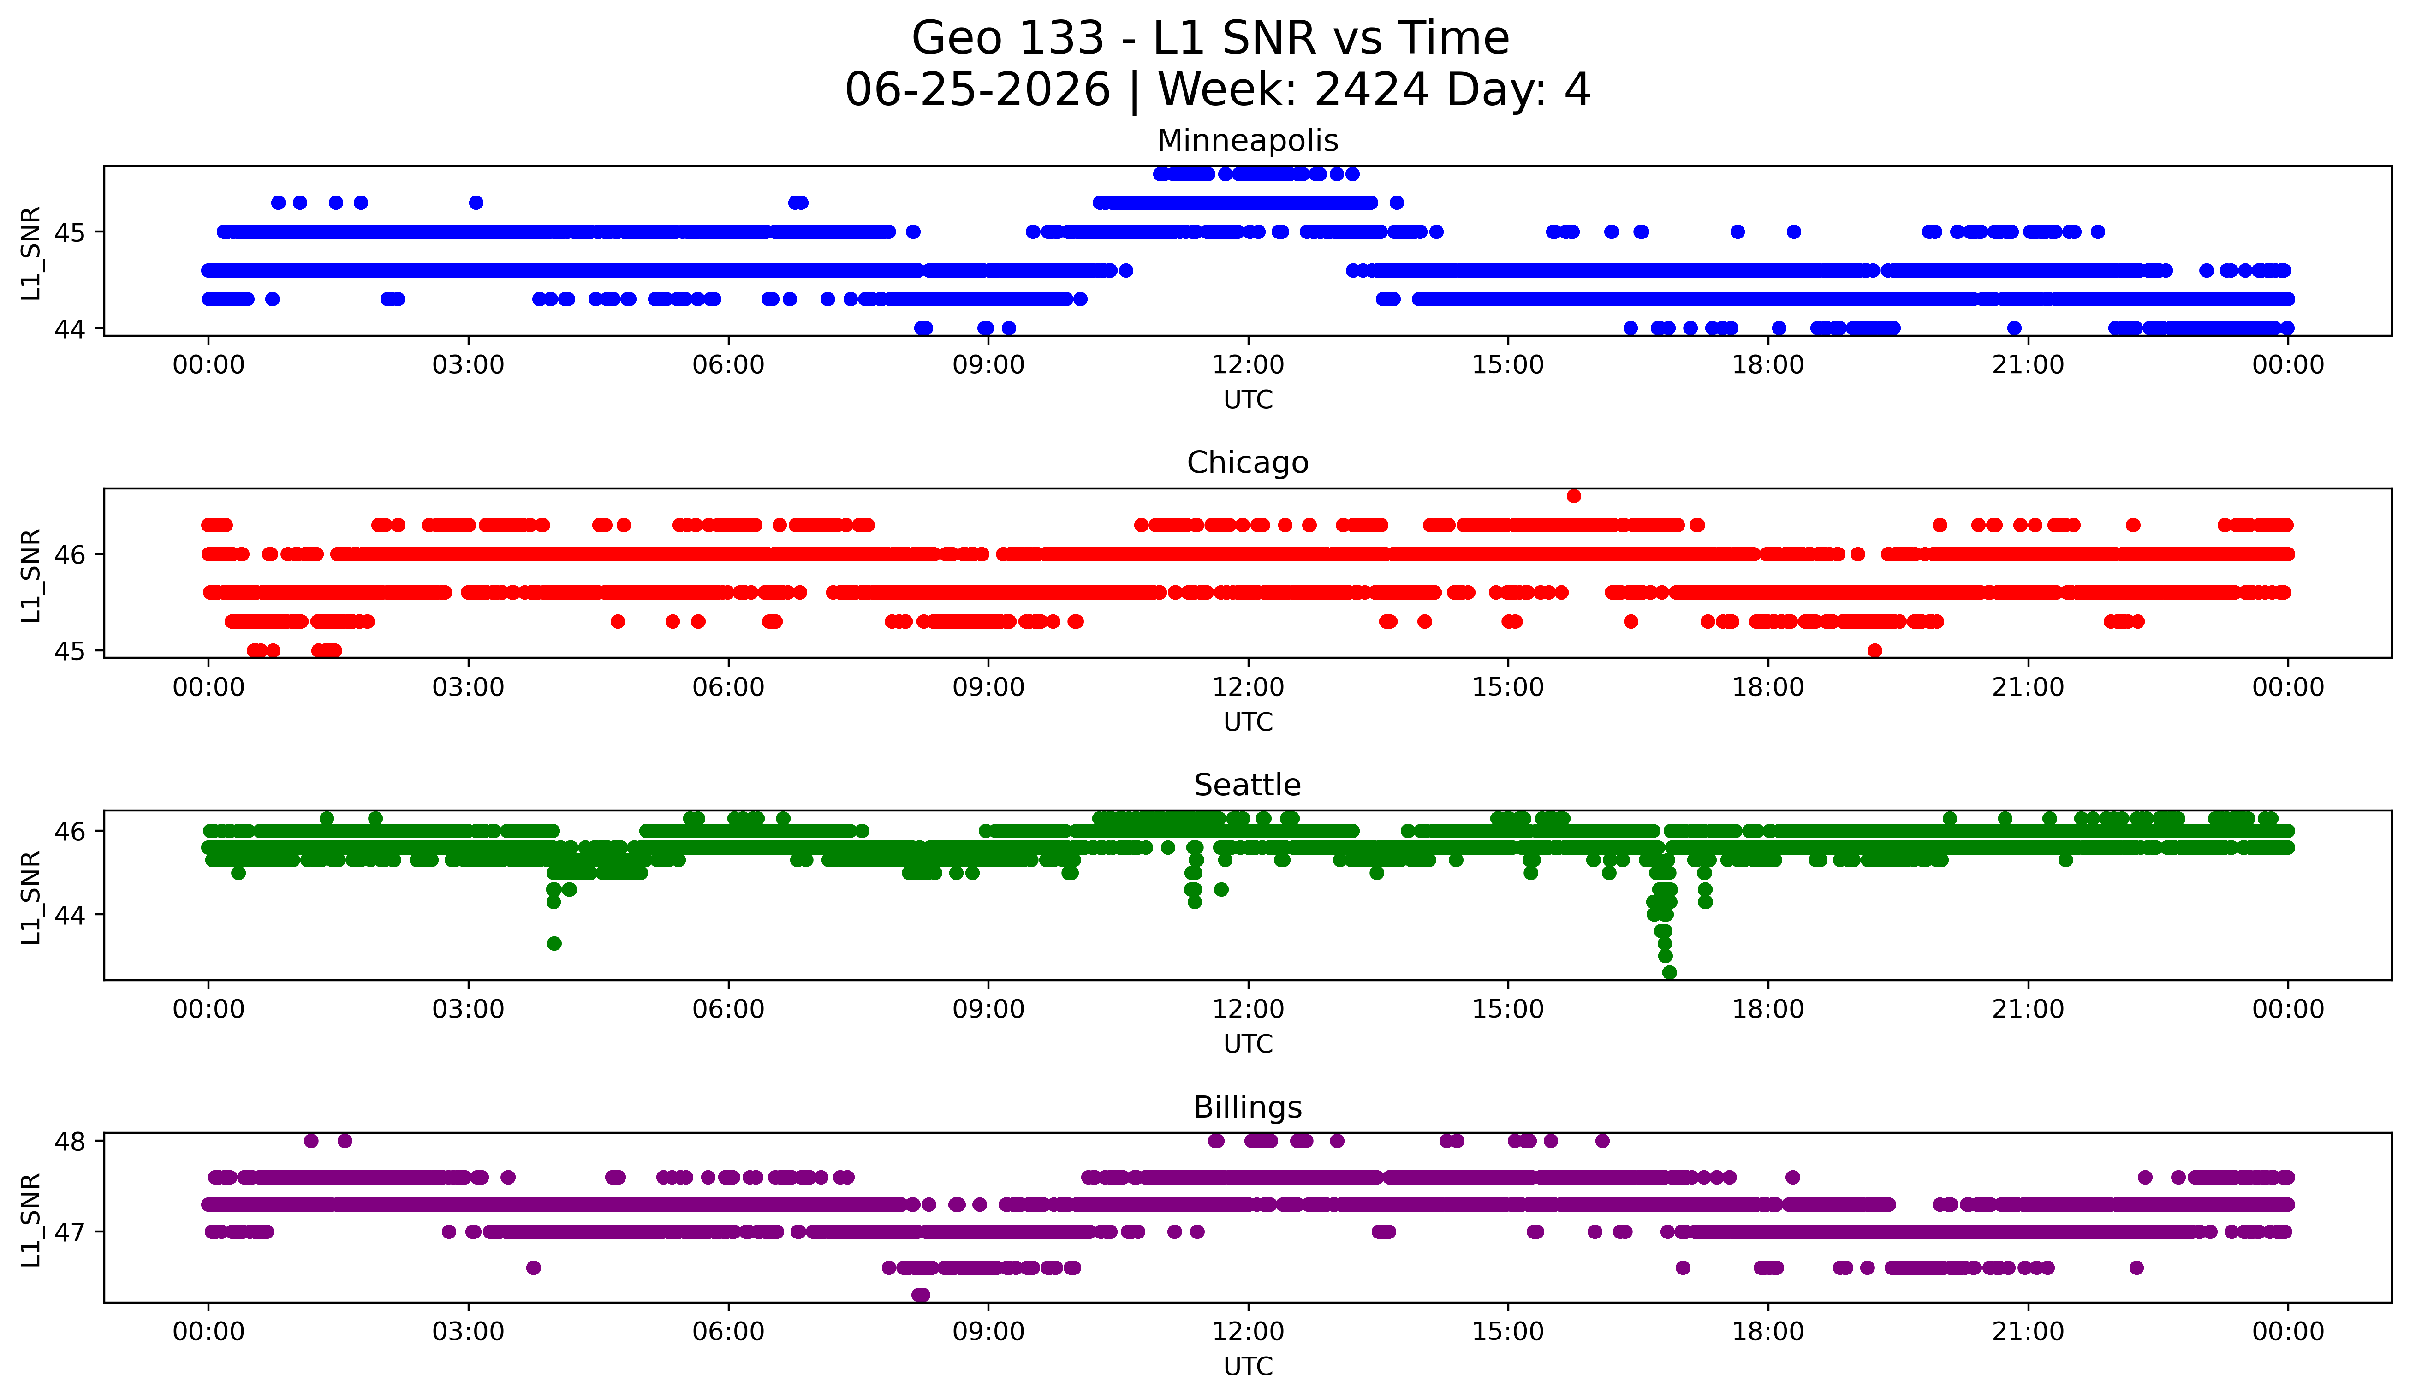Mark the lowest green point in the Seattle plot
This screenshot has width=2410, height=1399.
[1669, 972]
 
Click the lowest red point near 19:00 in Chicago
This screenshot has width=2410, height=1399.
[1874, 650]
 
